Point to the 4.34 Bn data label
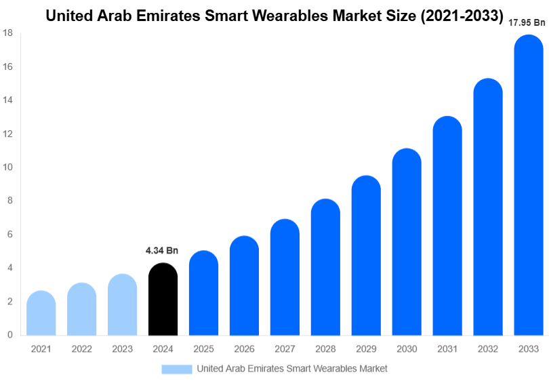tap(162, 251)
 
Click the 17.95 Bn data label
tap(527, 23)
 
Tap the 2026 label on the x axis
tap(244, 348)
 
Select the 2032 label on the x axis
tap(488, 348)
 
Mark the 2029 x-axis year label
tap(366, 348)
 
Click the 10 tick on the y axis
tap(7, 167)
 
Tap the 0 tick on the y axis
tap(9, 335)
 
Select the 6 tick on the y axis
tap(9, 235)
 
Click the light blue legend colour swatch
tap(176, 369)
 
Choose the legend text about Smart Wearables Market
tap(292, 369)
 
